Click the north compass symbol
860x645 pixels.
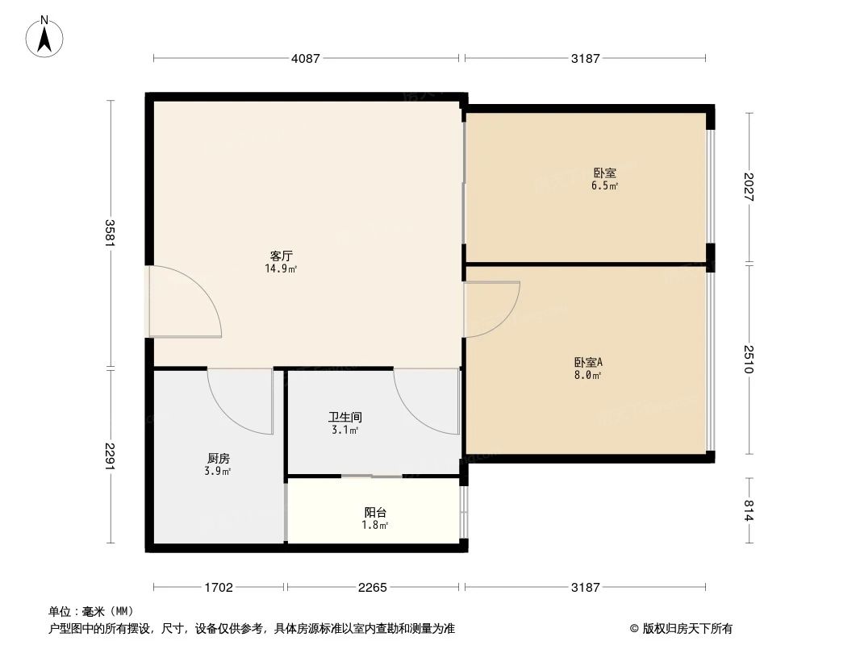point(45,37)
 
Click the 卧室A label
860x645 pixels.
point(588,362)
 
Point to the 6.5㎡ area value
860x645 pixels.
point(605,185)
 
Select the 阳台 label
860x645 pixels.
point(375,512)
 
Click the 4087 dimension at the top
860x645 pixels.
point(306,58)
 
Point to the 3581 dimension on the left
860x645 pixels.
point(111,234)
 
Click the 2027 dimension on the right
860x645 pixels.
point(749,187)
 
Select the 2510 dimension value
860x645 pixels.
point(749,359)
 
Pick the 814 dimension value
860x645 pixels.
point(749,511)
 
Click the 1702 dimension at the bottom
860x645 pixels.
point(219,588)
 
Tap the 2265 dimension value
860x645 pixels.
point(373,588)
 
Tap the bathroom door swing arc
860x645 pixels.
point(426,401)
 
